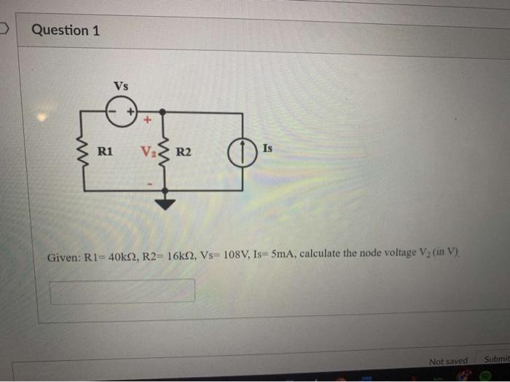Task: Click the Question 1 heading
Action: click(66, 31)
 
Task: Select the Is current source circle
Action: click(240, 152)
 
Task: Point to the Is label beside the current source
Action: click(267, 148)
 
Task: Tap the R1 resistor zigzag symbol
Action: click(83, 152)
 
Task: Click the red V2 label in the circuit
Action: click(149, 152)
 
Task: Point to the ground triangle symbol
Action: click(167, 203)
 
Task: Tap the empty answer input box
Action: click(122, 290)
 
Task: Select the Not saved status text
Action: click(448, 362)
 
